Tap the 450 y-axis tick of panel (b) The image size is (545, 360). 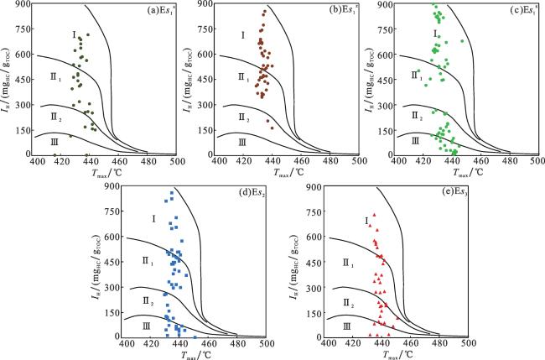tap(205, 81)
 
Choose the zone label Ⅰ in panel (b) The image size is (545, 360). tap(241, 35)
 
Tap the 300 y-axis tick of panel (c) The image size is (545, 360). tap(388, 106)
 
